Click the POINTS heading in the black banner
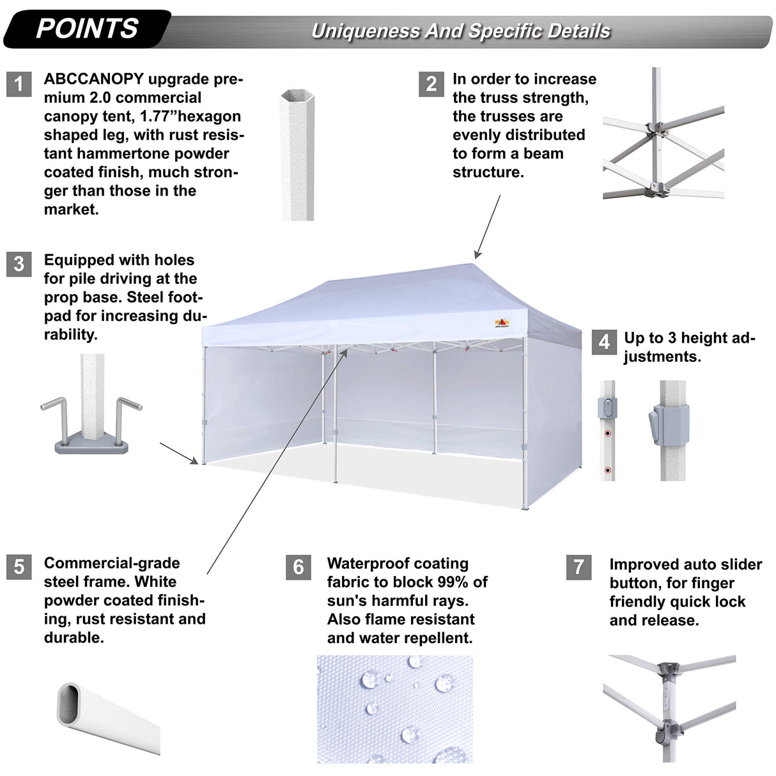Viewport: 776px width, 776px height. [x=87, y=29]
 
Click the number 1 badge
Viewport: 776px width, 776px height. [x=19, y=84]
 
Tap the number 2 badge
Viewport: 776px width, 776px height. [x=431, y=84]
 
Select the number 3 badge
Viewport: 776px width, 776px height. [x=19, y=264]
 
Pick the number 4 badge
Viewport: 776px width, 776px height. [x=604, y=342]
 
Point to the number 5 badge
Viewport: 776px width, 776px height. [x=19, y=567]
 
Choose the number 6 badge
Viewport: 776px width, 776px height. [x=299, y=567]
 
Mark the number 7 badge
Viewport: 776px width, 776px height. [x=578, y=567]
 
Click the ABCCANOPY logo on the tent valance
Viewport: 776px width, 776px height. [x=502, y=323]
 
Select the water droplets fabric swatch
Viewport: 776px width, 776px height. [x=394, y=708]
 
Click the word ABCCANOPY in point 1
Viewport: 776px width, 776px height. [x=94, y=79]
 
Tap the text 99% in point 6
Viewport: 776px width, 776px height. [x=451, y=582]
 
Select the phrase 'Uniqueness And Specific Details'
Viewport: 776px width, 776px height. [x=460, y=31]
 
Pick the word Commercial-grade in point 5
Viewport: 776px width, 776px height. [x=112, y=563]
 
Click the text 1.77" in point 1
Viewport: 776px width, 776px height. [x=158, y=116]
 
